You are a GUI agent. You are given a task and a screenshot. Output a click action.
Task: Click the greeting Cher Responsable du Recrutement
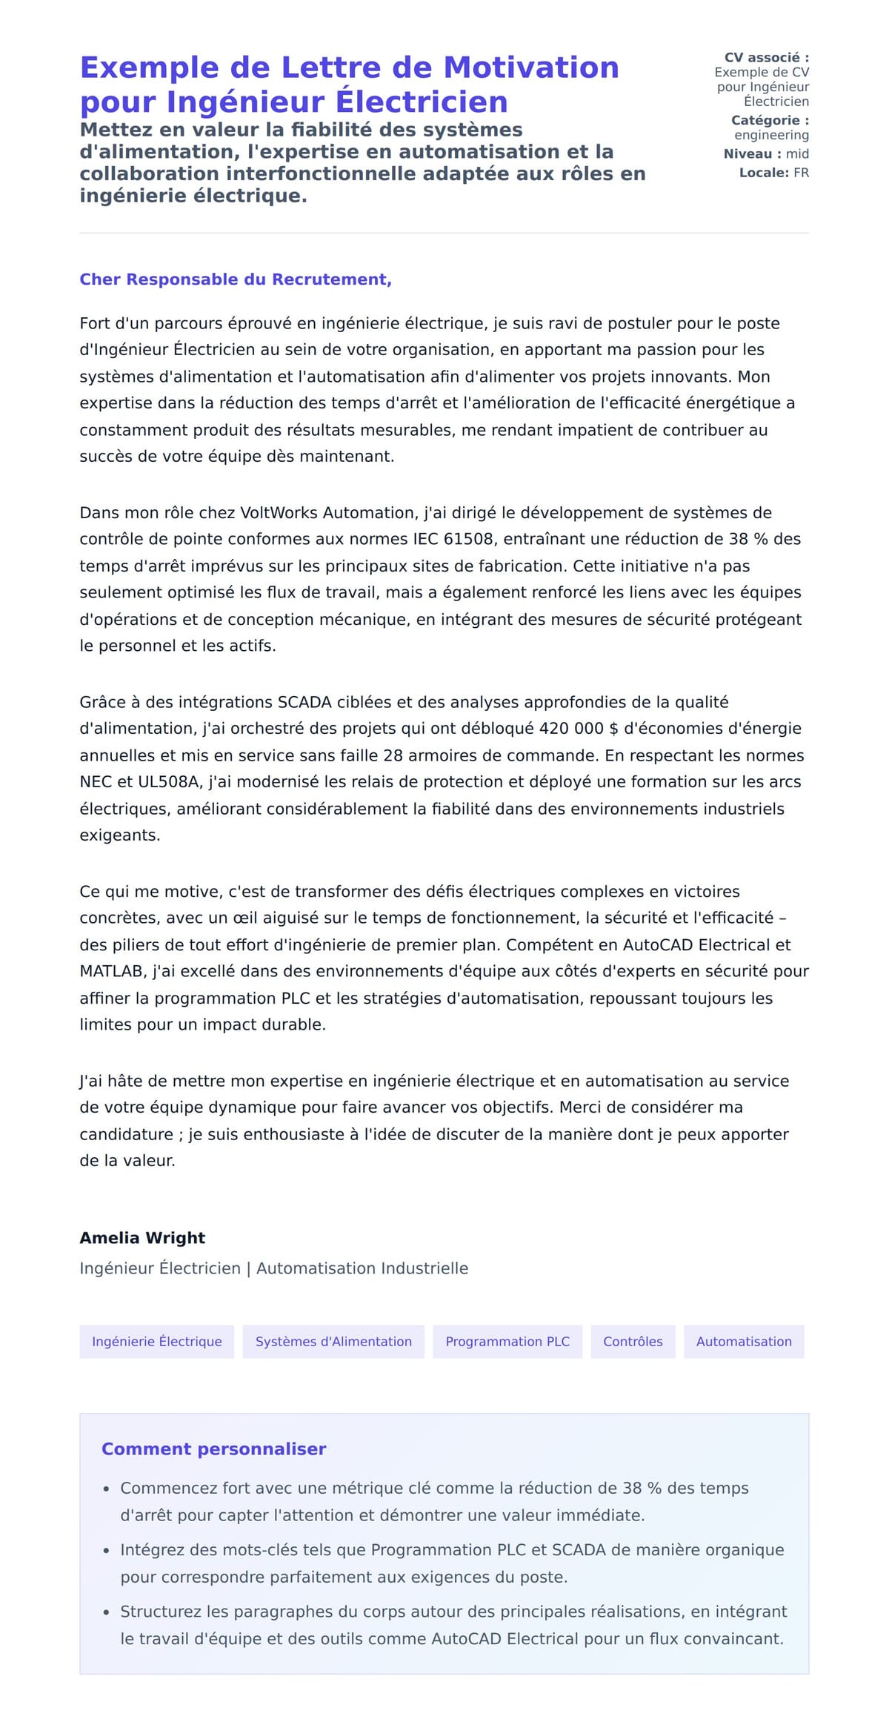coord(235,279)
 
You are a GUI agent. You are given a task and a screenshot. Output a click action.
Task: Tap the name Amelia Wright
coord(142,1237)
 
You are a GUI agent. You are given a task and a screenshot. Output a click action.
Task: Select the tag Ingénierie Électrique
coord(156,1341)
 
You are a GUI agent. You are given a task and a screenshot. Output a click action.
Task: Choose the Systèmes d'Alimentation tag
coord(333,1341)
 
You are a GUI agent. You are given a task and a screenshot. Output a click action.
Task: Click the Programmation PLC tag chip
coord(507,1341)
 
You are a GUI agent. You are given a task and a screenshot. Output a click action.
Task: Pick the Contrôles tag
coord(633,1341)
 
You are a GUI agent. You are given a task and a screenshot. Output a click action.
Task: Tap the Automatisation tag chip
coord(744,1341)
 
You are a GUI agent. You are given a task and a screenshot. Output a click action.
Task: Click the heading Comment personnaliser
coord(213,1448)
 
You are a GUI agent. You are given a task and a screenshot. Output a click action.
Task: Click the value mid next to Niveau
coord(797,153)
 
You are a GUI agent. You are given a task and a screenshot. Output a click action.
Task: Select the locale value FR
coord(801,173)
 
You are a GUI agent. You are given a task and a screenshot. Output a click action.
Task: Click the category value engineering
coord(771,135)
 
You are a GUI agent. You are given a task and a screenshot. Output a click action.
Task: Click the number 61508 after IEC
coord(468,539)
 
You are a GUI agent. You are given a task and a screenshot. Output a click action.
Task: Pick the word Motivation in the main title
coord(530,67)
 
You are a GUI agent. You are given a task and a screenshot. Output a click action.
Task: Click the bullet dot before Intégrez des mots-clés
coord(107,1550)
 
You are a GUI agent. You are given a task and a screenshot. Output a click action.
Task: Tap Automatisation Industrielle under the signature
coord(362,1268)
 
